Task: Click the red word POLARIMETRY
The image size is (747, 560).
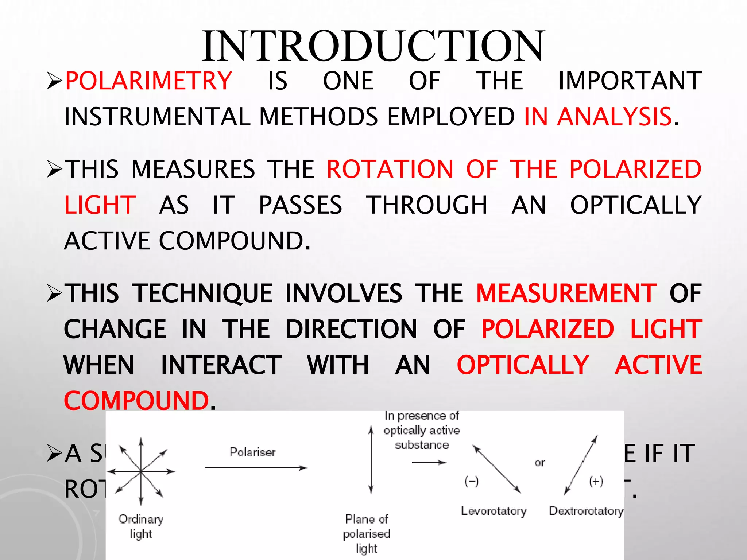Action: pyautogui.click(x=148, y=81)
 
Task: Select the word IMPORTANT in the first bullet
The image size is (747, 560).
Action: pyautogui.click(x=630, y=81)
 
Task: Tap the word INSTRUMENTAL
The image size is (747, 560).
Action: pyautogui.click(x=157, y=117)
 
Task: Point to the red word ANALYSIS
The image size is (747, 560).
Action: pyautogui.click(x=614, y=117)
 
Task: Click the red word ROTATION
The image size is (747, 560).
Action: pyautogui.click(x=390, y=169)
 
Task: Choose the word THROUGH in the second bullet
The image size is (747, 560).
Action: pyautogui.click(x=427, y=205)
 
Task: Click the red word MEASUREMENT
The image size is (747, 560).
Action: pyautogui.click(x=566, y=293)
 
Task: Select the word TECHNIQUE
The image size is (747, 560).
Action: pyautogui.click(x=202, y=293)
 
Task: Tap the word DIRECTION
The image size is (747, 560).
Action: pyautogui.click(x=351, y=329)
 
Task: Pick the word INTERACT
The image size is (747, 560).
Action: pyautogui.click(x=221, y=365)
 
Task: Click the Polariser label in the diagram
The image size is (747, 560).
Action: pyautogui.click(x=252, y=452)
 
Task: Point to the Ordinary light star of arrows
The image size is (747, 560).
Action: pyautogui.click(x=141, y=471)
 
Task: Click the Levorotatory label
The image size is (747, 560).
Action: pyautogui.click(x=494, y=511)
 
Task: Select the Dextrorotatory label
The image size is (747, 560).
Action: pyautogui.click(x=586, y=511)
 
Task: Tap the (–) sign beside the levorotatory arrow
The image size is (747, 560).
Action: pyautogui.click(x=472, y=482)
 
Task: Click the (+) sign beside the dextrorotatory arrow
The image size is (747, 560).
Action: pyautogui.click(x=596, y=482)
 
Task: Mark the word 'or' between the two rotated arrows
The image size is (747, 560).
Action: pyautogui.click(x=539, y=463)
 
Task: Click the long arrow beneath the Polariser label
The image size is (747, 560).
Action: pyautogui.click(x=255, y=468)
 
